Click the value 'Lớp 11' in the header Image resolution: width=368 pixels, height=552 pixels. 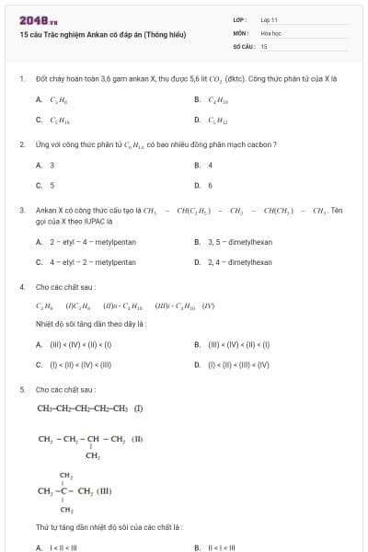269,19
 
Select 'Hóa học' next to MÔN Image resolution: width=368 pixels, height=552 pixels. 270,32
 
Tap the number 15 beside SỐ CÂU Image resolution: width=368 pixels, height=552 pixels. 264,45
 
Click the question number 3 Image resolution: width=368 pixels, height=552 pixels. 21,210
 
